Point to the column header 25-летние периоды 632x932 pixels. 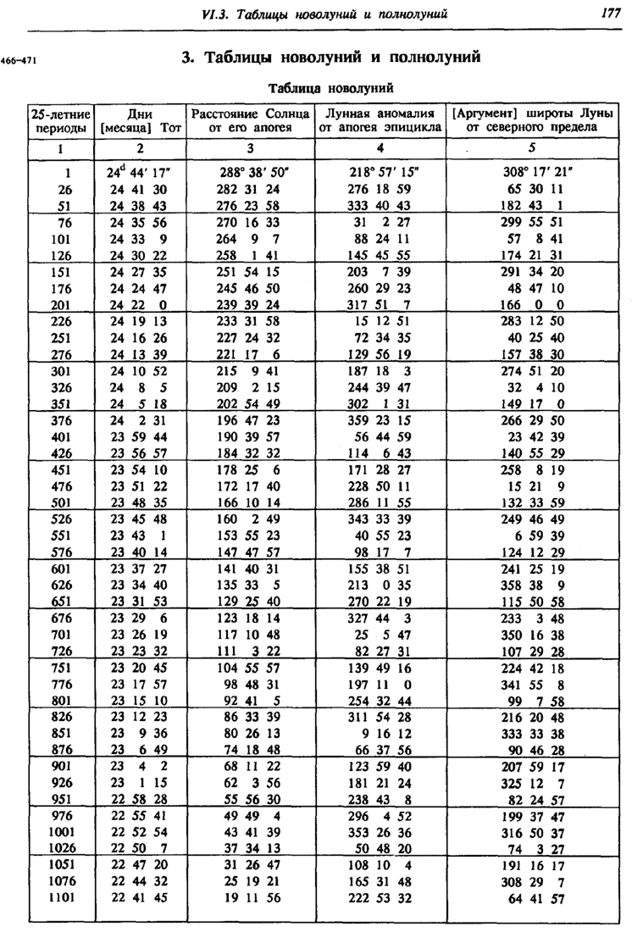pos(60,120)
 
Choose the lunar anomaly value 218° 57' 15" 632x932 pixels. pos(380,172)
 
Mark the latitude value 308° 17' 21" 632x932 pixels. pos(533,172)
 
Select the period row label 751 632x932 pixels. pos(60,668)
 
